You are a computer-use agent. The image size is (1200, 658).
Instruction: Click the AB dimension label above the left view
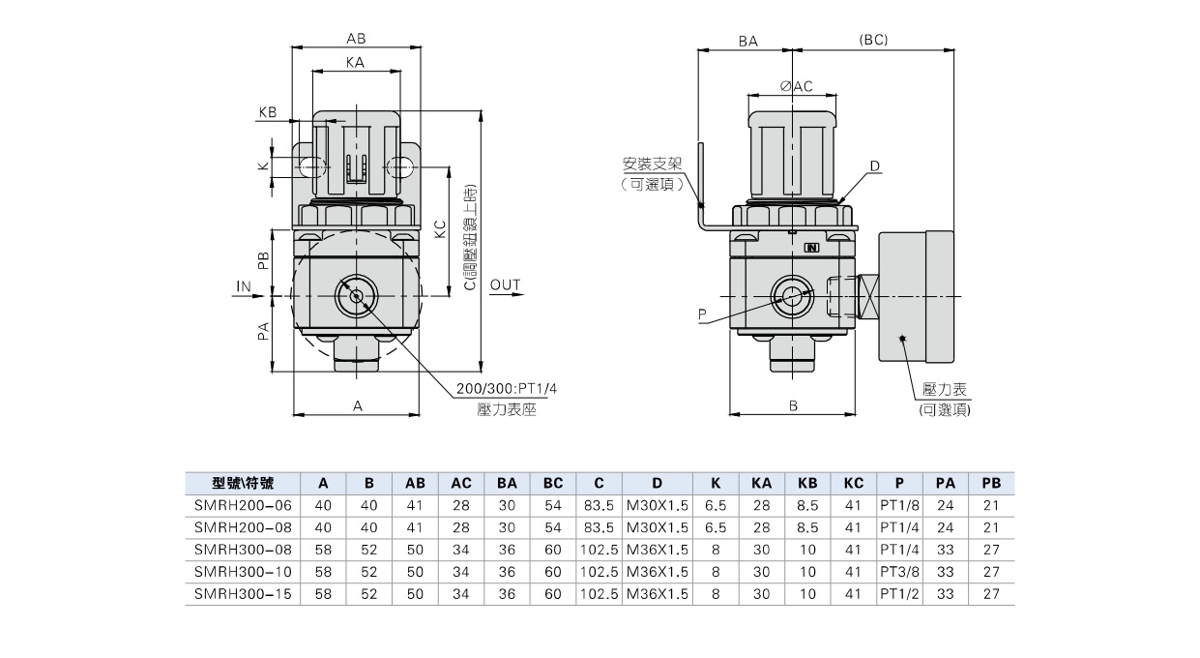pos(356,39)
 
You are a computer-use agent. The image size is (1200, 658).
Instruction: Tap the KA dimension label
pos(355,63)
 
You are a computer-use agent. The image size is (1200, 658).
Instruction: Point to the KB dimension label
pos(268,112)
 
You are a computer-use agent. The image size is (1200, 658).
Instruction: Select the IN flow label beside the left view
pos(244,286)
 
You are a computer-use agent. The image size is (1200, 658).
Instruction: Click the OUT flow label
pos(505,284)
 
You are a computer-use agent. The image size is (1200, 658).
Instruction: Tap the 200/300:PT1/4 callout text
pos(507,388)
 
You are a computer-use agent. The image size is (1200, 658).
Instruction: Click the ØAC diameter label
pos(796,86)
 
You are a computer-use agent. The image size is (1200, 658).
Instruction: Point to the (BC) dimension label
pos(873,41)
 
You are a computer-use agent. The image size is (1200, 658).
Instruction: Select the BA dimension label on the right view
pos(747,42)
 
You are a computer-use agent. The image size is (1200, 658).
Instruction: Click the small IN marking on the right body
pos(811,248)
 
